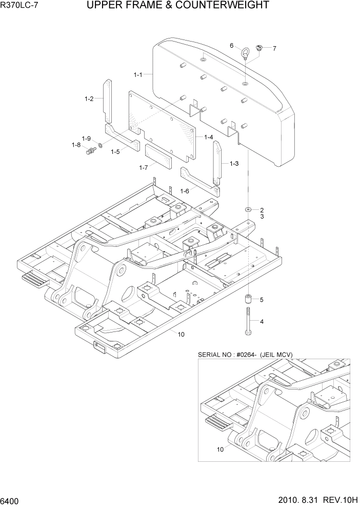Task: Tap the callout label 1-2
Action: (x=89, y=99)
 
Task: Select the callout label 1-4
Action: (x=208, y=137)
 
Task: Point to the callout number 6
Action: (x=232, y=46)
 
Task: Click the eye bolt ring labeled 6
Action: (x=247, y=51)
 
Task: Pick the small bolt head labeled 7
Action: (x=260, y=48)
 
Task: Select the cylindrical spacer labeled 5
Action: (x=248, y=299)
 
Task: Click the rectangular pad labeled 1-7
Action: (x=158, y=156)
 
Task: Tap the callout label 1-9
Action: (x=86, y=139)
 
